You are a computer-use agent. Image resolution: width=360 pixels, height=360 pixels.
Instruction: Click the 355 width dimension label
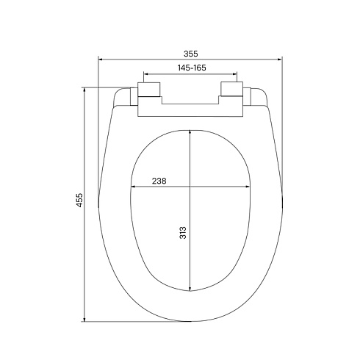click(x=190, y=54)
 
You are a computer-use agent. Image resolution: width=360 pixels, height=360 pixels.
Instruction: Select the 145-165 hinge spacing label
click(x=192, y=68)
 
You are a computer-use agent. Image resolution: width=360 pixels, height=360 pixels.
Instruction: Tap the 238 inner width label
click(x=159, y=181)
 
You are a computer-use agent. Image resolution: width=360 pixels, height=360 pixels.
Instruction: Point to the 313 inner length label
click(x=183, y=233)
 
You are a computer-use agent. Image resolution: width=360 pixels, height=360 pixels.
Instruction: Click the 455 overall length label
click(x=80, y=201)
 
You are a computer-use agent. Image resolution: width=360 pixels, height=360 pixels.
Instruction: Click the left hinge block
click(x=149, y=90)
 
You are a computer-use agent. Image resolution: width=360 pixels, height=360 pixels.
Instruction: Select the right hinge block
click(x=231, y=89)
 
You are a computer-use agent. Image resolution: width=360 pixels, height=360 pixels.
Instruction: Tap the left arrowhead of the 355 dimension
click(x=101, y=60)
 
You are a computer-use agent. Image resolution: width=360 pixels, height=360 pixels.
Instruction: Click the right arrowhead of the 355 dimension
click(x=280, y=60)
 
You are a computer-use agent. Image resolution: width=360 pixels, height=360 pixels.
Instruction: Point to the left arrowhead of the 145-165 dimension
click(x=146, y=73)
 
